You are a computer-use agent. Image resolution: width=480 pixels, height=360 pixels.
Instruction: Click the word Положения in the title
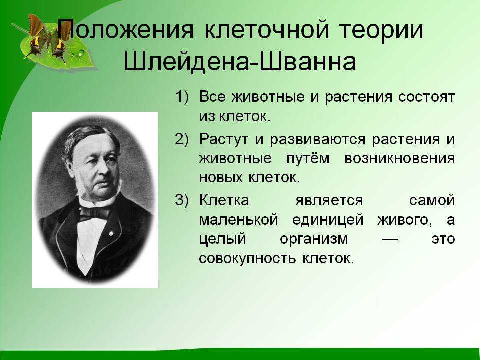point(126,29)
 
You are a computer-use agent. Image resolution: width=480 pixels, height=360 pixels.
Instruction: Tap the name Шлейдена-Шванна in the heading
point(240,62)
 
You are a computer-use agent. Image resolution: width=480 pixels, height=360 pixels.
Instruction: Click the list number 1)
point(182,97)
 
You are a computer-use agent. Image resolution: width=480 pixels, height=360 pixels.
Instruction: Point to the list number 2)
point(182,139)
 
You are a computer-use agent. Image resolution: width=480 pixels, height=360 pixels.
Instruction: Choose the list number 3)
point(182,200)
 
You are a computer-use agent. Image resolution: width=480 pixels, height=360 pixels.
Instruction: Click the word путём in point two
point(308,158)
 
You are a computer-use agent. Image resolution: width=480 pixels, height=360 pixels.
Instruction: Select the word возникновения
point(400,159)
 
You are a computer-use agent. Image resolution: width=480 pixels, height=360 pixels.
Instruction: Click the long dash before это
point(390,239)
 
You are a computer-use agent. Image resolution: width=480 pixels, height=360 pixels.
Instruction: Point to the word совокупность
point(247,259)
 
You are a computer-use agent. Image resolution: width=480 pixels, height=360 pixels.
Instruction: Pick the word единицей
point(328,220)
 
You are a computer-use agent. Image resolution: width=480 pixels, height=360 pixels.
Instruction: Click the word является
point(329,201)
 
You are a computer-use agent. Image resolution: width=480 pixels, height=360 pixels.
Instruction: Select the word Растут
point(224,140)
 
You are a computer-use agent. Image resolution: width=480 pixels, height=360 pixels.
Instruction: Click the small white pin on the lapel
point(111,234)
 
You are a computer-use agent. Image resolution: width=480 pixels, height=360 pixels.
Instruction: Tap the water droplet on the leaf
point(81,53)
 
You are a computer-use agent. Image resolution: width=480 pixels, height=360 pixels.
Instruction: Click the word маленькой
point(239,220)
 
